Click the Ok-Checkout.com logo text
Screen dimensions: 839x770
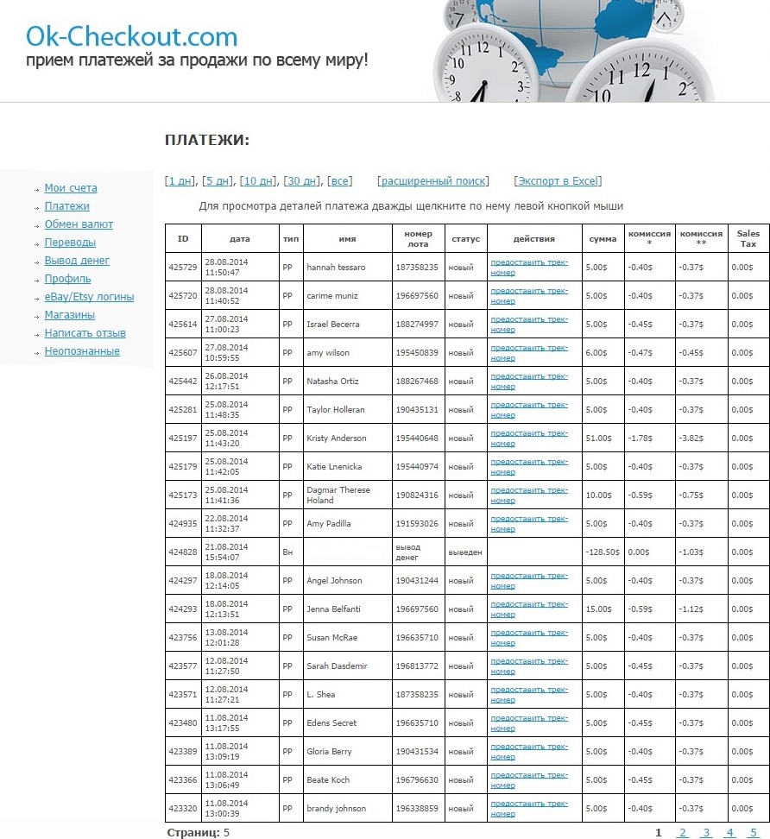click(x=131, y=36)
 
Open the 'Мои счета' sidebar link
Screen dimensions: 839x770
click(x=71, y=188)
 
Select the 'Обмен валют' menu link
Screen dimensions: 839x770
click(x=79, y=224)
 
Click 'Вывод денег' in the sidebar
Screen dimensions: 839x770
click(x=77, y=261)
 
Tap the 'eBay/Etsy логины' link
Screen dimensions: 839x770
click(x=89, y=297)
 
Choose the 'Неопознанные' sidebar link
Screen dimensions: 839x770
click(x=82, y=351)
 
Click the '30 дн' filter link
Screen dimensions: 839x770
click(x=301, y=181)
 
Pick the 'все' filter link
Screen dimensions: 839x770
click(x=340, y=181)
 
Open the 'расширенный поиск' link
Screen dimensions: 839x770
click(x=432, y=181)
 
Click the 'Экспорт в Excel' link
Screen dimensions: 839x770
click(x=558, y=181)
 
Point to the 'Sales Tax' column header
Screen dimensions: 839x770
click(x=748, y=238)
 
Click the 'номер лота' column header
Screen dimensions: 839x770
click(x=418, y=238)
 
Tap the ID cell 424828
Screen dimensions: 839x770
click(x=183, y=552)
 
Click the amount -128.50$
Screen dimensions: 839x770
click(x=602, y=552)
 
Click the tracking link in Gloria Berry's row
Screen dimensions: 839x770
click(x=528, y=751)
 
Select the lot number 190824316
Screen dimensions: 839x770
click(x=417, y=495)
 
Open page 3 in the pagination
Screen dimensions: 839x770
click(x=706, y=833)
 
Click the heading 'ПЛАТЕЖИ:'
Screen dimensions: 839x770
click(x=206, y=140)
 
